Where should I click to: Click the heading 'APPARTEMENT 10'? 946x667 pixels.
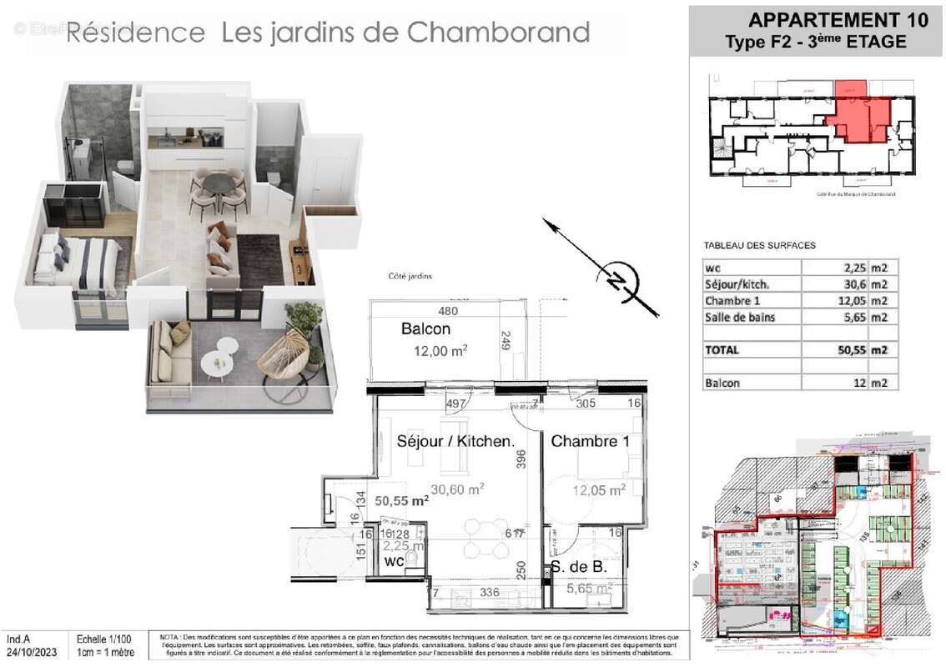(x=838, y=20)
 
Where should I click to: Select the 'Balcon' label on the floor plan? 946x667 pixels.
(x=425, y=329)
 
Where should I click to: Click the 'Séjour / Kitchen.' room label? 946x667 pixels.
(x=455, y=441)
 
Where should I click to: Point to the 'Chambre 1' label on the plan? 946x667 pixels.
(x=590, y=441)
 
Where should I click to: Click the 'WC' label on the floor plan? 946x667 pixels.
(x=394, y=562)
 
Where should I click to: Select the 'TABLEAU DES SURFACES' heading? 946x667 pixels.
(x=759, y=245)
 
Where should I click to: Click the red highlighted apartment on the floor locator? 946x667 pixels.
(x=859, y=117)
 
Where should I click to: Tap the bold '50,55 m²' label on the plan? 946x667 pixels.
(x=401, y=501)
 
